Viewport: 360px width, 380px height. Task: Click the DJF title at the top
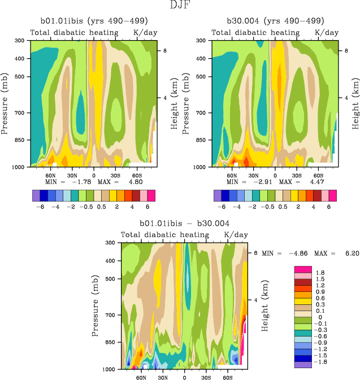coord(180,6)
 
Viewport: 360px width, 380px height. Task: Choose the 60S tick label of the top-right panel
coord(318,174)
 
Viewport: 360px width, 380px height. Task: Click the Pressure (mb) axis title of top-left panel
coord(5,103)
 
